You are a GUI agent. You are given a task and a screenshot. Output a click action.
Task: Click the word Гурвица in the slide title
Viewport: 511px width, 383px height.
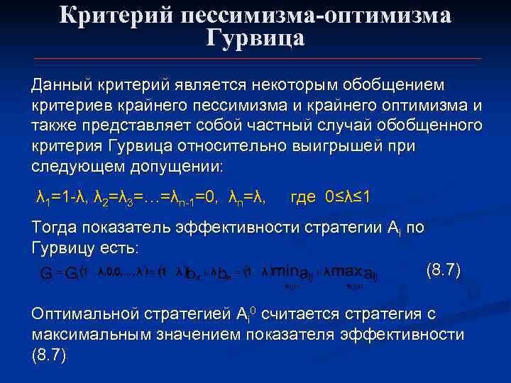(x=255, y=38)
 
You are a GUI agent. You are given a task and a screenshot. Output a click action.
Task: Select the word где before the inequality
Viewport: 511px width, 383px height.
(x=304, y=196)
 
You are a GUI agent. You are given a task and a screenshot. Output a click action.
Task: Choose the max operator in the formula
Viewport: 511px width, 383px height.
(x=347, y=272)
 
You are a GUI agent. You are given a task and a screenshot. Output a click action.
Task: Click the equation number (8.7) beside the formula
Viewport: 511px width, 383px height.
(x=443, y=270)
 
